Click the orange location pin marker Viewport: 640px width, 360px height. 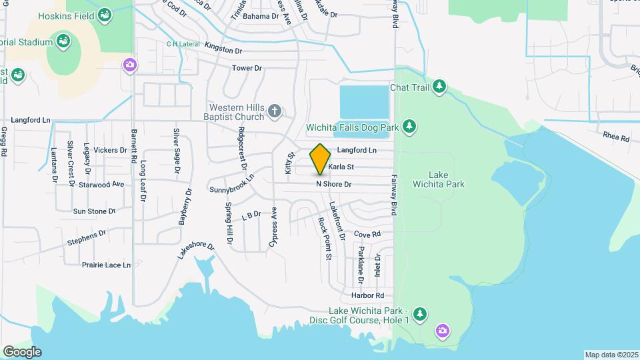pos(321,159)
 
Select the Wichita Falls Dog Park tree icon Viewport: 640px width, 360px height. pos(409,127)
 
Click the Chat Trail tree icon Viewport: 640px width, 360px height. pos(439,87)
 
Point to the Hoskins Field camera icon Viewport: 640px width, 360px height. pos(105,15)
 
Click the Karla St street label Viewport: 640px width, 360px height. pos(340,167)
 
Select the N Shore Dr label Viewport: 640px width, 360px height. pos(333,183)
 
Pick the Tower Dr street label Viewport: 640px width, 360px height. pos(247,68)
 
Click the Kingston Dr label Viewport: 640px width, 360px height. pos(223,49)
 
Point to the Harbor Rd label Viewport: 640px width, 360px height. pos(368,295)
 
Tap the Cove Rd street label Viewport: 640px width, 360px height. pos(367,235)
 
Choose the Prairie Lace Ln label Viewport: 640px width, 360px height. pos(106,265)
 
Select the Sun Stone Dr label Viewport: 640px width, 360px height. pos(94,211)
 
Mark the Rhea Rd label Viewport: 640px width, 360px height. pos(615,137)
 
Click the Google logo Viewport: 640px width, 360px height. pos(21,352)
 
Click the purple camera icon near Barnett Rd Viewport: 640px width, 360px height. pos(129,65)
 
